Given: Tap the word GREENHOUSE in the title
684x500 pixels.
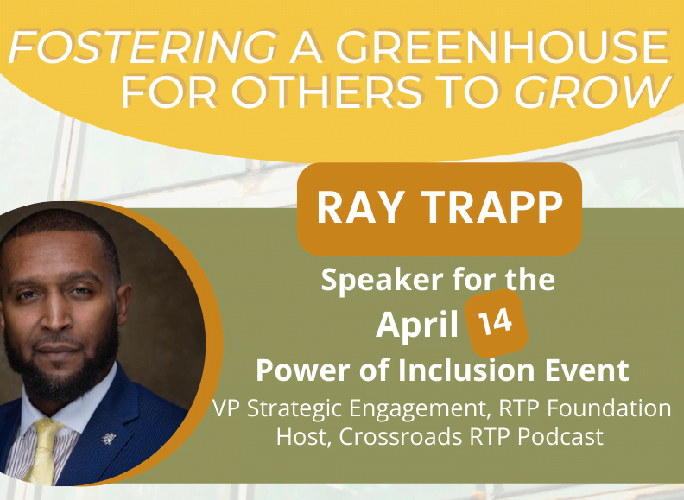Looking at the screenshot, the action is [x=502, y=47].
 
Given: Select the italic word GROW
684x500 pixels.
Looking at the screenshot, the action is [x=592, y=92].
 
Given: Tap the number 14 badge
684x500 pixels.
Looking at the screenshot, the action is [x=496, y=322].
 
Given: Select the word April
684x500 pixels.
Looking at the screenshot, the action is [x=417, y=326].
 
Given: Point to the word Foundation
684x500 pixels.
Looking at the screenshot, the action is [x=609, y=408].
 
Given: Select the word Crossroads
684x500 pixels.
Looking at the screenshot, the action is [x=401, y=436].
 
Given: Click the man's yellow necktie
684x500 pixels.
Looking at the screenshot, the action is [x=43, y=450].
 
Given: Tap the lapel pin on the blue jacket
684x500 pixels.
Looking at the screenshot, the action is [x=108, y=438].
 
